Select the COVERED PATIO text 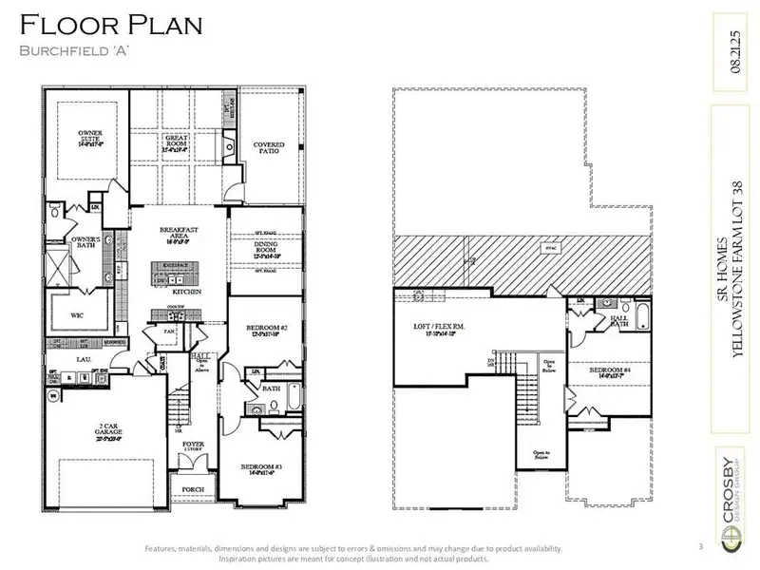(x=269, y=149)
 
